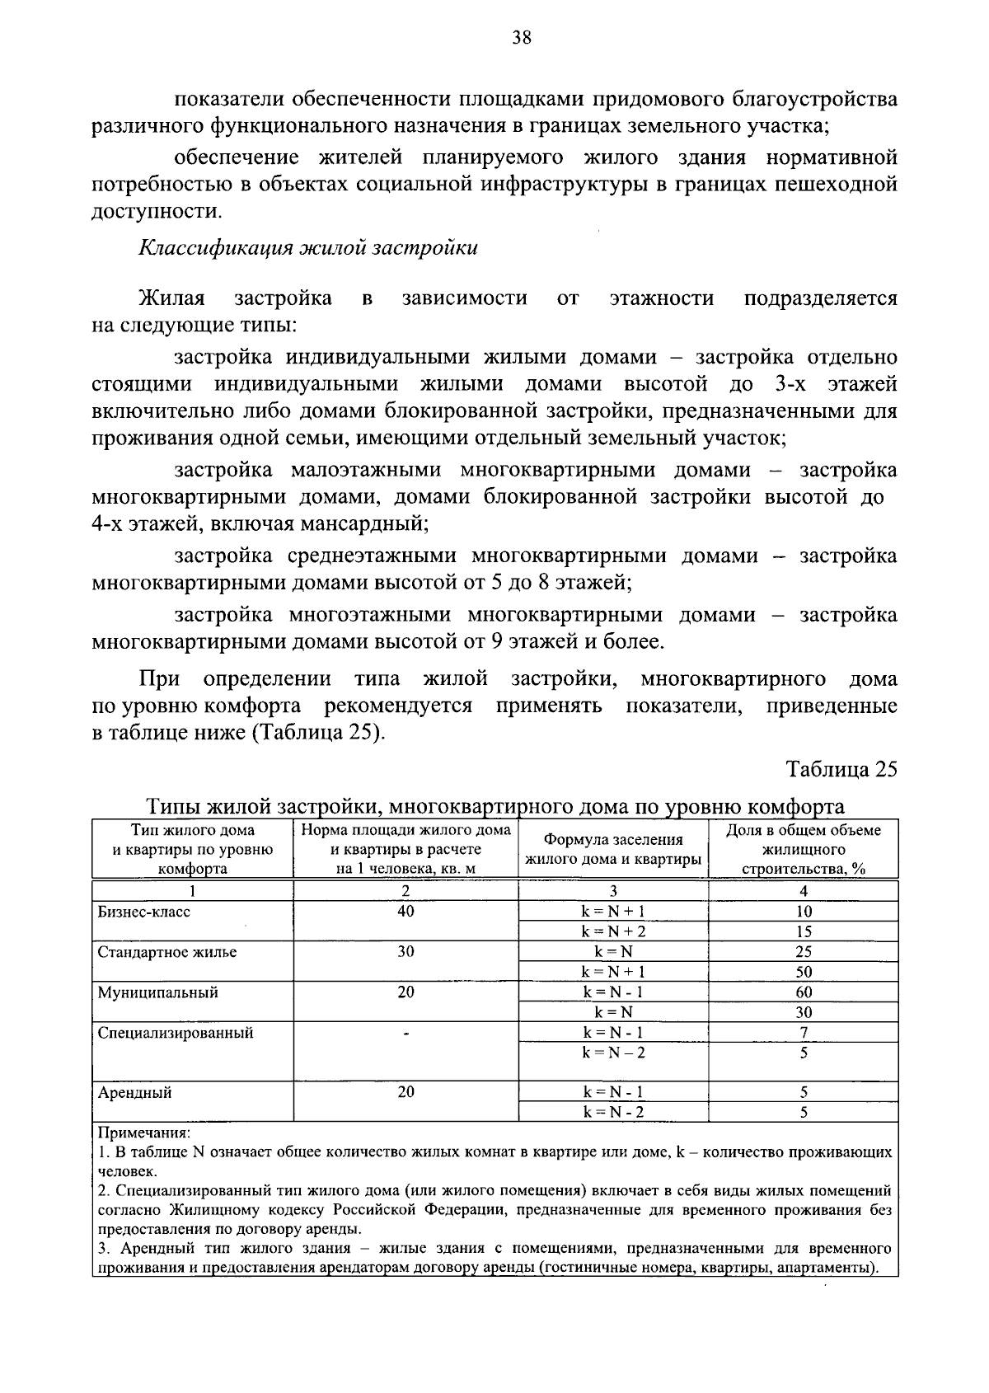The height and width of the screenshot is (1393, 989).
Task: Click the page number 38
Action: click(521, 37)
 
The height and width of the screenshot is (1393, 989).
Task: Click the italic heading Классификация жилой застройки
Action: click(307, 247)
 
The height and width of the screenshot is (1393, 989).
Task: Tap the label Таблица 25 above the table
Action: click(841, 770)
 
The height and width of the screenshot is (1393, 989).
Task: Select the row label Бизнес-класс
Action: click(144, 912)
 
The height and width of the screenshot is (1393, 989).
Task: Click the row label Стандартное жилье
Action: click(167, 952)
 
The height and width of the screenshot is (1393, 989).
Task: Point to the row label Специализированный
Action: click(176, 1033)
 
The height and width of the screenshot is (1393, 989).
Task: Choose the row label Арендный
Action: click(135, 1093)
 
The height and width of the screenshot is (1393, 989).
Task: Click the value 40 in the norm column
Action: click(405, 912)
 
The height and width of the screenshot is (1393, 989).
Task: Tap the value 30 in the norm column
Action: click(405, 952)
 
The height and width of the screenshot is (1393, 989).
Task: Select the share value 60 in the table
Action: click(804, 992)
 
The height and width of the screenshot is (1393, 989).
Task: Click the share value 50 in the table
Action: click(804, 972)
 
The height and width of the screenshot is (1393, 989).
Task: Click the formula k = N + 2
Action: click(613, 931)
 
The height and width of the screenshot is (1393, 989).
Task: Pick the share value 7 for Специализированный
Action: click(804, 1033)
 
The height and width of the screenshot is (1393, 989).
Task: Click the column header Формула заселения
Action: click(613, 840)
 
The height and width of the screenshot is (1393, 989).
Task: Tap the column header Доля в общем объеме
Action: click(804, 831)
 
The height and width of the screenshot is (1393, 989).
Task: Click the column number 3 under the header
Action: click(613, 891)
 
